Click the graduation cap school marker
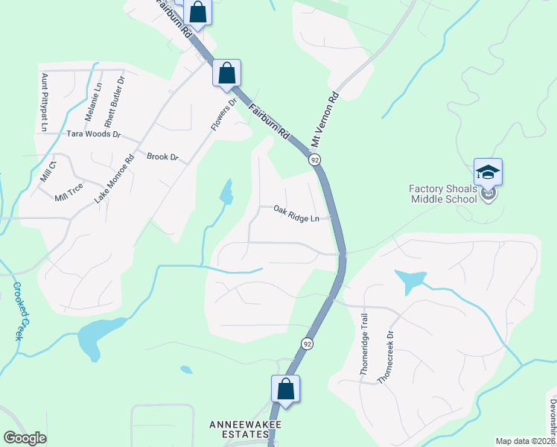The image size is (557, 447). [x=488, y=173]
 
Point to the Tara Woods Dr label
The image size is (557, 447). [x=94, y=134]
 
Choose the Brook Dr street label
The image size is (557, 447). [x=163, y=157]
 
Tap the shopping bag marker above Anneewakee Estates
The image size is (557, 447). [x=285, y=389]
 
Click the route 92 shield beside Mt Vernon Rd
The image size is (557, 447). [x=316, y=160]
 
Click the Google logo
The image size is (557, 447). [x=25, y=438]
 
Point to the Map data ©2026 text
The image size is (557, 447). [x=525, y=441]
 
